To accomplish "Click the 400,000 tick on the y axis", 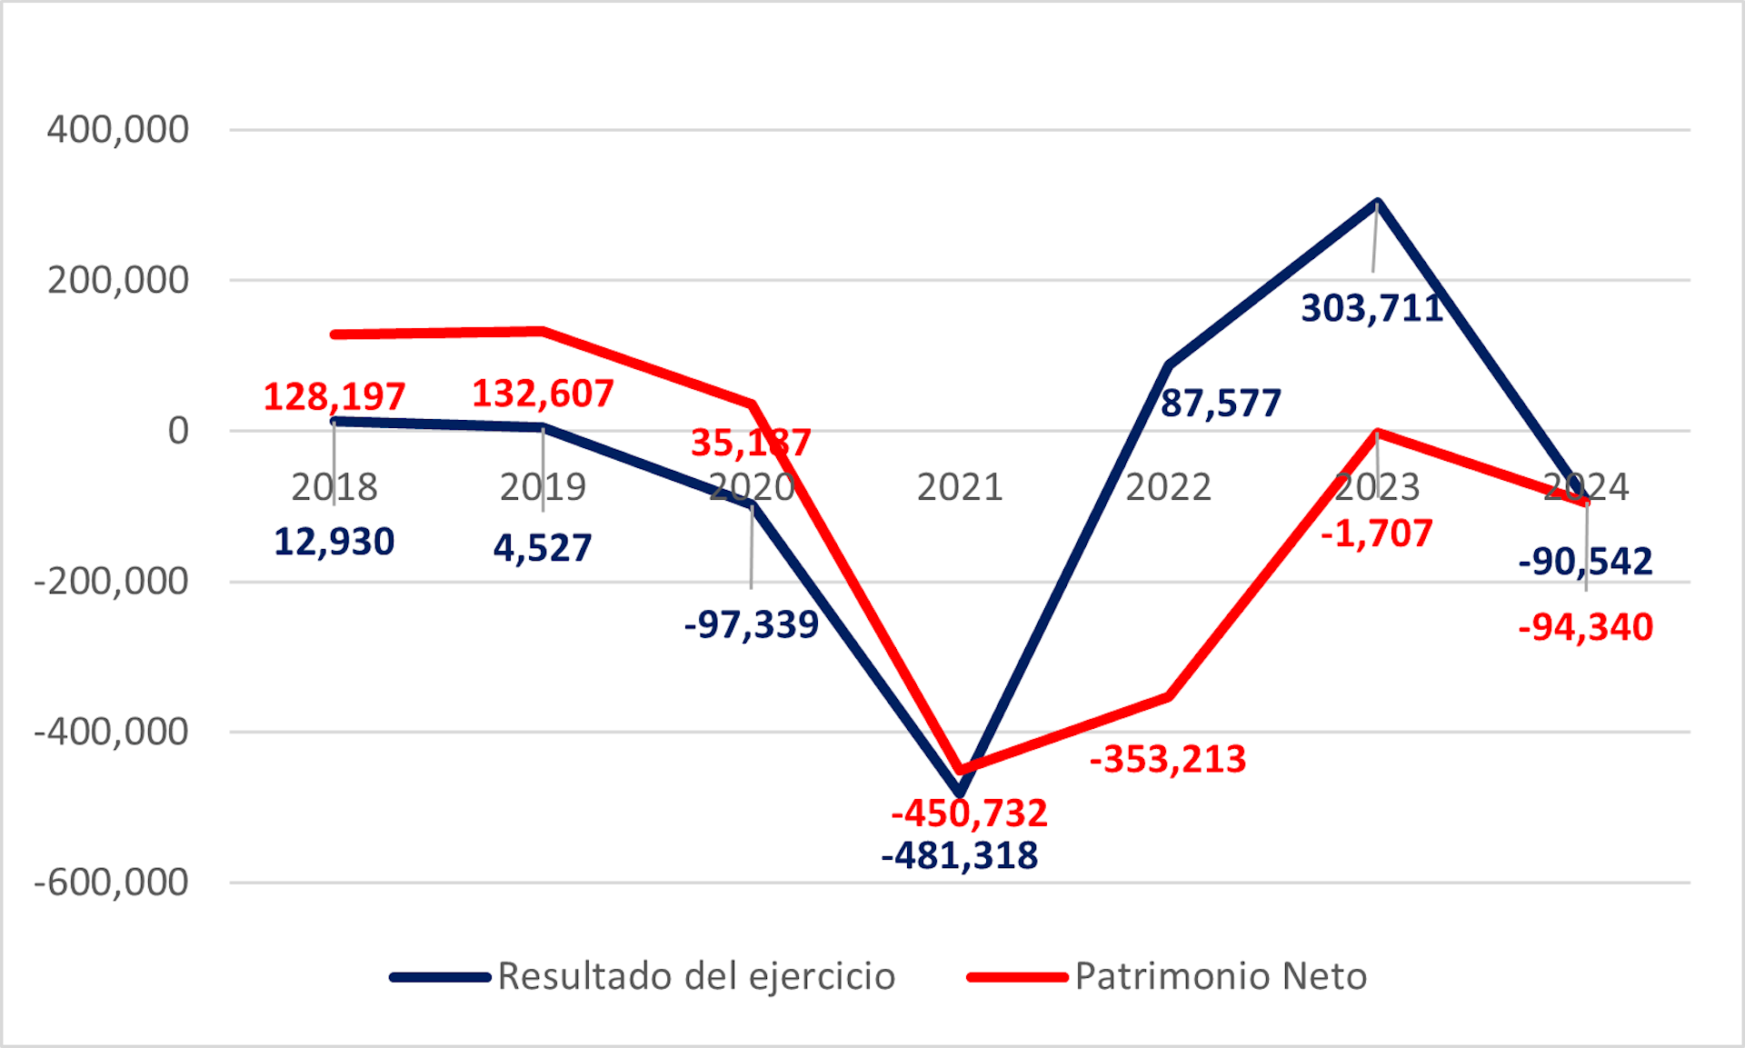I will coord(118,130).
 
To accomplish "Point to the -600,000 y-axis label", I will coord(111,882).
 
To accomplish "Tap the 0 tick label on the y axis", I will coord(178,431).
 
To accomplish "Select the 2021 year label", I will coord(960,487).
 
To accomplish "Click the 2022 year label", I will coord(1169,487).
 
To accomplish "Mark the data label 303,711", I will coord(1372,308).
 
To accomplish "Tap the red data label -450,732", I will coord(969,813).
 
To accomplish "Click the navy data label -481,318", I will coord(960,855).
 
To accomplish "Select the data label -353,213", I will coord(1168,759).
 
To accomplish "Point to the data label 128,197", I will coord(334,396).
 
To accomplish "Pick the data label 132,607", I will coord(543,394).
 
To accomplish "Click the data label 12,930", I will coord(334,542).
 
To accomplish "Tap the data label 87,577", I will coord(1221,403).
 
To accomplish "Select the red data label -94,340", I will coord(1586,627).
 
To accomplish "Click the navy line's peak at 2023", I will coord(1378,203).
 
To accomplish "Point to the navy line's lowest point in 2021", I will coord(960,793).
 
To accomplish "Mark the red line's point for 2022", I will coord(1169,696).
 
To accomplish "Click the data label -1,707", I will coord(1377,534).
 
